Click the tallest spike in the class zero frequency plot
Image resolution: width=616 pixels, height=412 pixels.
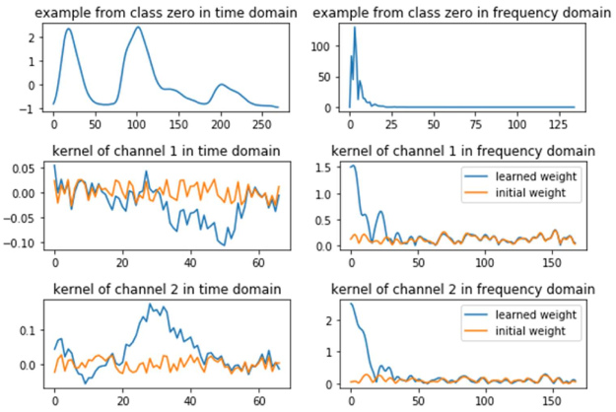point(355,28)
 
